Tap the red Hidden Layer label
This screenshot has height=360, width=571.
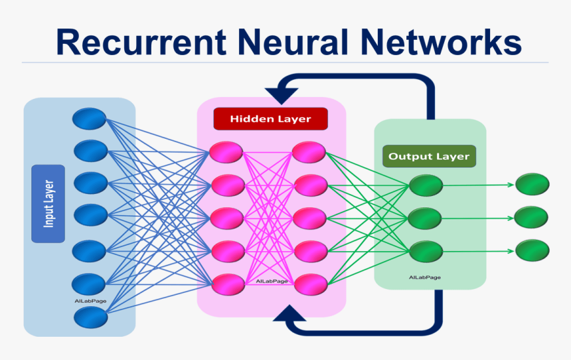(x=270, y=119)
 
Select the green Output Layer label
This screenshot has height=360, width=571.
(x=429, y=157)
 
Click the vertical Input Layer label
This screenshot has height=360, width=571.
(x=48, y=203)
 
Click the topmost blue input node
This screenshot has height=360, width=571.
(x=90, y=120)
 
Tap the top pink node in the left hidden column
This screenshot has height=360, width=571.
(x=226, y=152)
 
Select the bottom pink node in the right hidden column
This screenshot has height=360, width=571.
(x=311, y=284)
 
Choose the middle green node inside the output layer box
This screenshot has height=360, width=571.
(x=426, y=218)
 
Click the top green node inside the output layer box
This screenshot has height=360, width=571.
(x=426, y=185)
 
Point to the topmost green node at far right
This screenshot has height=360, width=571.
(x=532, y=184)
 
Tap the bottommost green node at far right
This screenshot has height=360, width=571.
(x=532, y=250)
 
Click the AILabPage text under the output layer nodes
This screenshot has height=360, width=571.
(x=425, y=277)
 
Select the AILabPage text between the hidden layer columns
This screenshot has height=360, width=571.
(x=272, y=281)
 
